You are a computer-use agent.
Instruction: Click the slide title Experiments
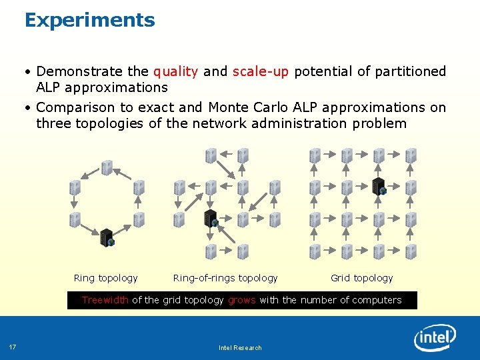tap(89, 21)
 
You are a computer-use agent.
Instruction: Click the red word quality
tap(175, 71)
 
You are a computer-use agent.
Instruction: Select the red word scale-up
tap(261, 71)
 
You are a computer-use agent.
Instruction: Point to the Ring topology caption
tap(105, 278)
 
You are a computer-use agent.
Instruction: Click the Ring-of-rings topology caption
tap(225, 278)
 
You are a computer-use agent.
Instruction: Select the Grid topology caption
tap(361, 278)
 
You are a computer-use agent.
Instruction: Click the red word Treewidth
tap(105, 300)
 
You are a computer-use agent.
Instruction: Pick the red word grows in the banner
tap(241, 300)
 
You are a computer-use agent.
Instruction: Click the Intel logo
tap(435, 339)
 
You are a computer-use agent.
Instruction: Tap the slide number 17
tap(13, 347)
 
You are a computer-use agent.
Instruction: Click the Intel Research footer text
tap(240, 347)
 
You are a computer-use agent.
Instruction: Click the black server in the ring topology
tap(107, 237)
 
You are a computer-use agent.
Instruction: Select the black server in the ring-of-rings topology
tap(211, 218)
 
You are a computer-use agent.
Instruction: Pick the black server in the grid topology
tap(379, 187)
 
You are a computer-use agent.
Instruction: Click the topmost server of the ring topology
tap(107, 167)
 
